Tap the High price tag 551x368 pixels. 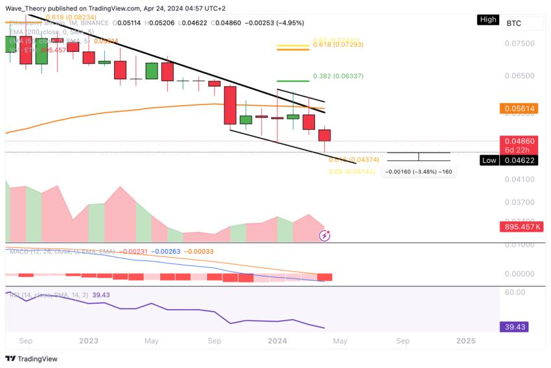[487, 19]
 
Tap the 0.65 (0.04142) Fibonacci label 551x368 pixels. [352, 171]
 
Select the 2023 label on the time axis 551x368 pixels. [89, 340]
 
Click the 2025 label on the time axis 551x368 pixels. [465, 340]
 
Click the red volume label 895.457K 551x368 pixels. [522, 227]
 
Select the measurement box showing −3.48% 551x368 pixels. [418, 171]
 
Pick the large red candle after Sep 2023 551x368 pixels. [230, 104]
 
